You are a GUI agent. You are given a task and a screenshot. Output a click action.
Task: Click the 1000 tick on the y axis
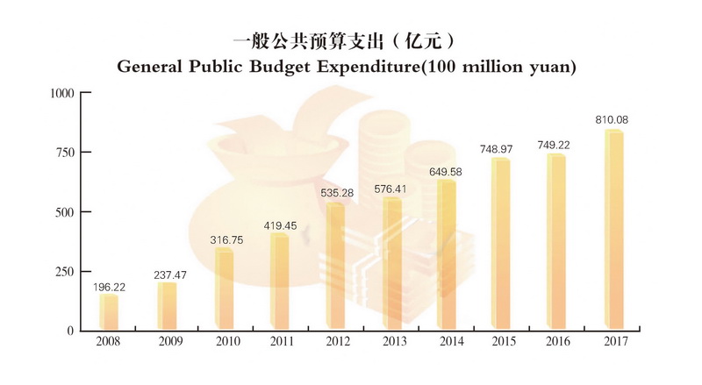(x=61, y=92)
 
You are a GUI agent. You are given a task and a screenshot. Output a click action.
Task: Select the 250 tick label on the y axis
(x=63, y=272)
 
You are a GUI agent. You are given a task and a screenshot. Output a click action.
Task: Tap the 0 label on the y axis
(x=69, y=332)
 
